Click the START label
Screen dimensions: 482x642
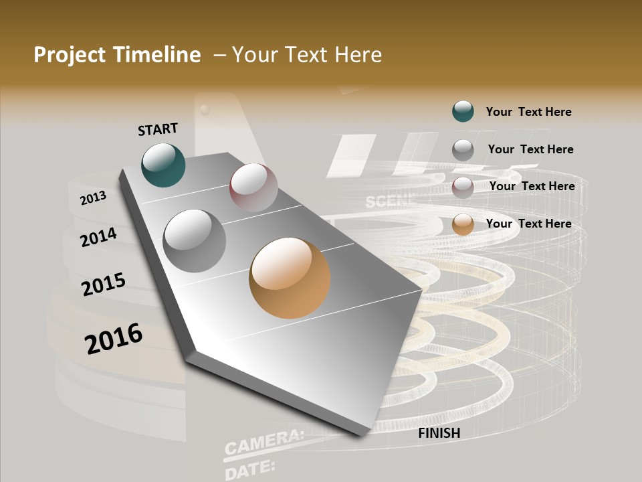pyautogui.click(x=158, y=129)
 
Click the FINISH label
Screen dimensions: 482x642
pyautogui.click(x=439, y=433)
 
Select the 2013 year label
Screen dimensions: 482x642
pyautogui.click(x=93, y=198)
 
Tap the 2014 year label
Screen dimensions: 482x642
pyautogui.click(x=98, y=237)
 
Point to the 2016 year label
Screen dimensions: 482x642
pyautogui.click(x=114, y=338)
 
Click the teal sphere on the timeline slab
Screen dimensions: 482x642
pyautogui.click(x=163, y=165)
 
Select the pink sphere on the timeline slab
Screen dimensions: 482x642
pyautogui.click(x=253, y=187)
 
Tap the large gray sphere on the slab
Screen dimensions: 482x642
pyautogui.click(x=195, y=241)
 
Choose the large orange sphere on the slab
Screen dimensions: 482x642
pyautogui.click(x=290, y=278)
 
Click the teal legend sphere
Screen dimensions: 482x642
pyautogui.click(x=463, y=111)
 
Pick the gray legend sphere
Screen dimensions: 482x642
pyautogui.click(x=463, y=149)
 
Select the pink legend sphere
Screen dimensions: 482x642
pyautogui.click(x=463, y=187)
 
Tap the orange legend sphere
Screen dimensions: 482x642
pyautogui.click(x=463, y=224)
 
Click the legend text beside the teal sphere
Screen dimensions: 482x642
pyautogui.click(x=528, y=112)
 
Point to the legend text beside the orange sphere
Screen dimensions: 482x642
pyautogui.click(x=528, y=224)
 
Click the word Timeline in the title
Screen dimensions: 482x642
pyautogui.click(x=157, y=55)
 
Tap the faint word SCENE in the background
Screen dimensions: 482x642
pyautogui.click(x=391, y=200)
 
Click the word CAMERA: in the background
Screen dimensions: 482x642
pyautogui.click(x=263, y=443)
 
